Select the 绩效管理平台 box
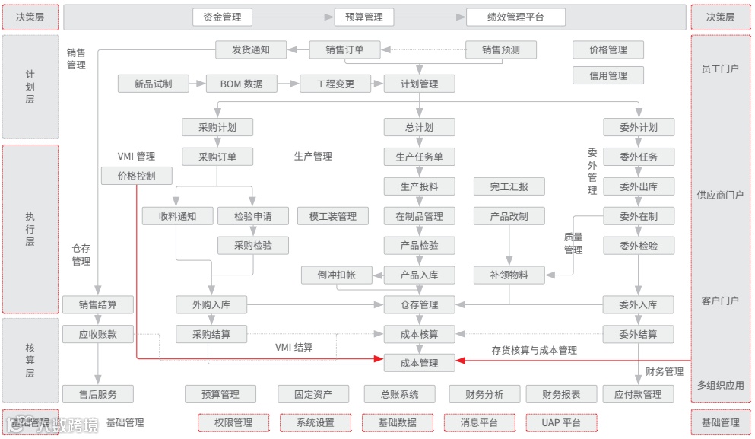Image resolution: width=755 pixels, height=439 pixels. point(515,17)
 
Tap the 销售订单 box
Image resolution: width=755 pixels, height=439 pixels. point(344,50)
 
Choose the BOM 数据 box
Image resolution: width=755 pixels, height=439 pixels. point(241,84)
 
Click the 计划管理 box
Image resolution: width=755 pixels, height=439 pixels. point(419,84)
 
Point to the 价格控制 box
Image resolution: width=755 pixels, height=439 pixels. point(136,177)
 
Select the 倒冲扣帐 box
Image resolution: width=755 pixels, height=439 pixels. point(336,275)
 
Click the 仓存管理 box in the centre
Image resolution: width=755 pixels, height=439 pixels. point(419,304)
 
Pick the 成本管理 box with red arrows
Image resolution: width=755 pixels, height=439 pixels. point(419,363)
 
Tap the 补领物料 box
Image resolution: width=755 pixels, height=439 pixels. point(509,275)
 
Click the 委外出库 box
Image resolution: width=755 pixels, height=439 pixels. point(638,186)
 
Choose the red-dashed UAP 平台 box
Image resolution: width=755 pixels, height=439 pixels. point(561,422)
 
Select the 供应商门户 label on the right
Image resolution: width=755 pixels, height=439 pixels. point(719,195)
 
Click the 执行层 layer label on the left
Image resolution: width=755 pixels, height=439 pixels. point(30,229)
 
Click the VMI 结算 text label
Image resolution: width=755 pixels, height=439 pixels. point(293,348)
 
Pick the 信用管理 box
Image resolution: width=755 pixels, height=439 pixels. point(607,75)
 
